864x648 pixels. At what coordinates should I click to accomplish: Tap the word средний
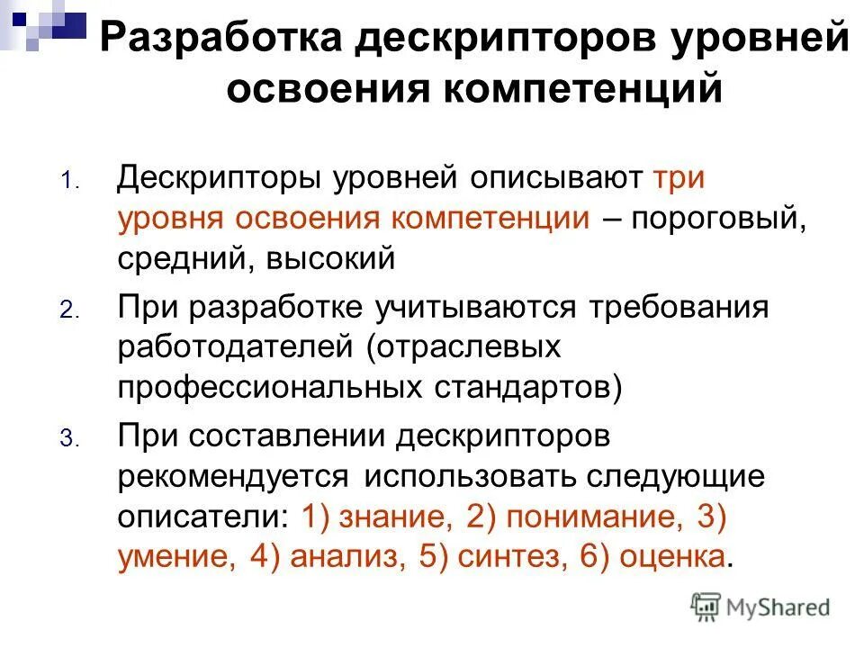175,259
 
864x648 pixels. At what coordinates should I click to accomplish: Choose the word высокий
319,259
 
